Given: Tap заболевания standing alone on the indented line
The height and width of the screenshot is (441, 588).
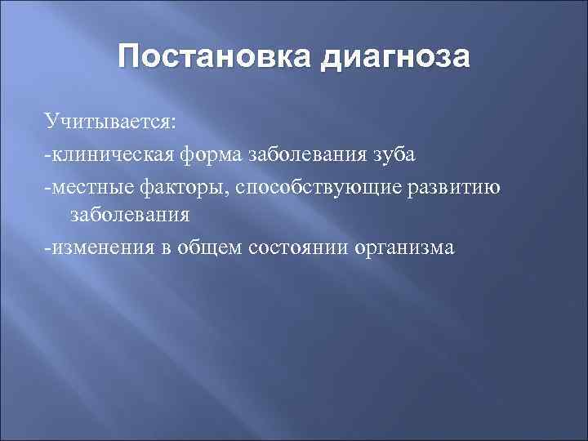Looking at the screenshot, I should [131, 216].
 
